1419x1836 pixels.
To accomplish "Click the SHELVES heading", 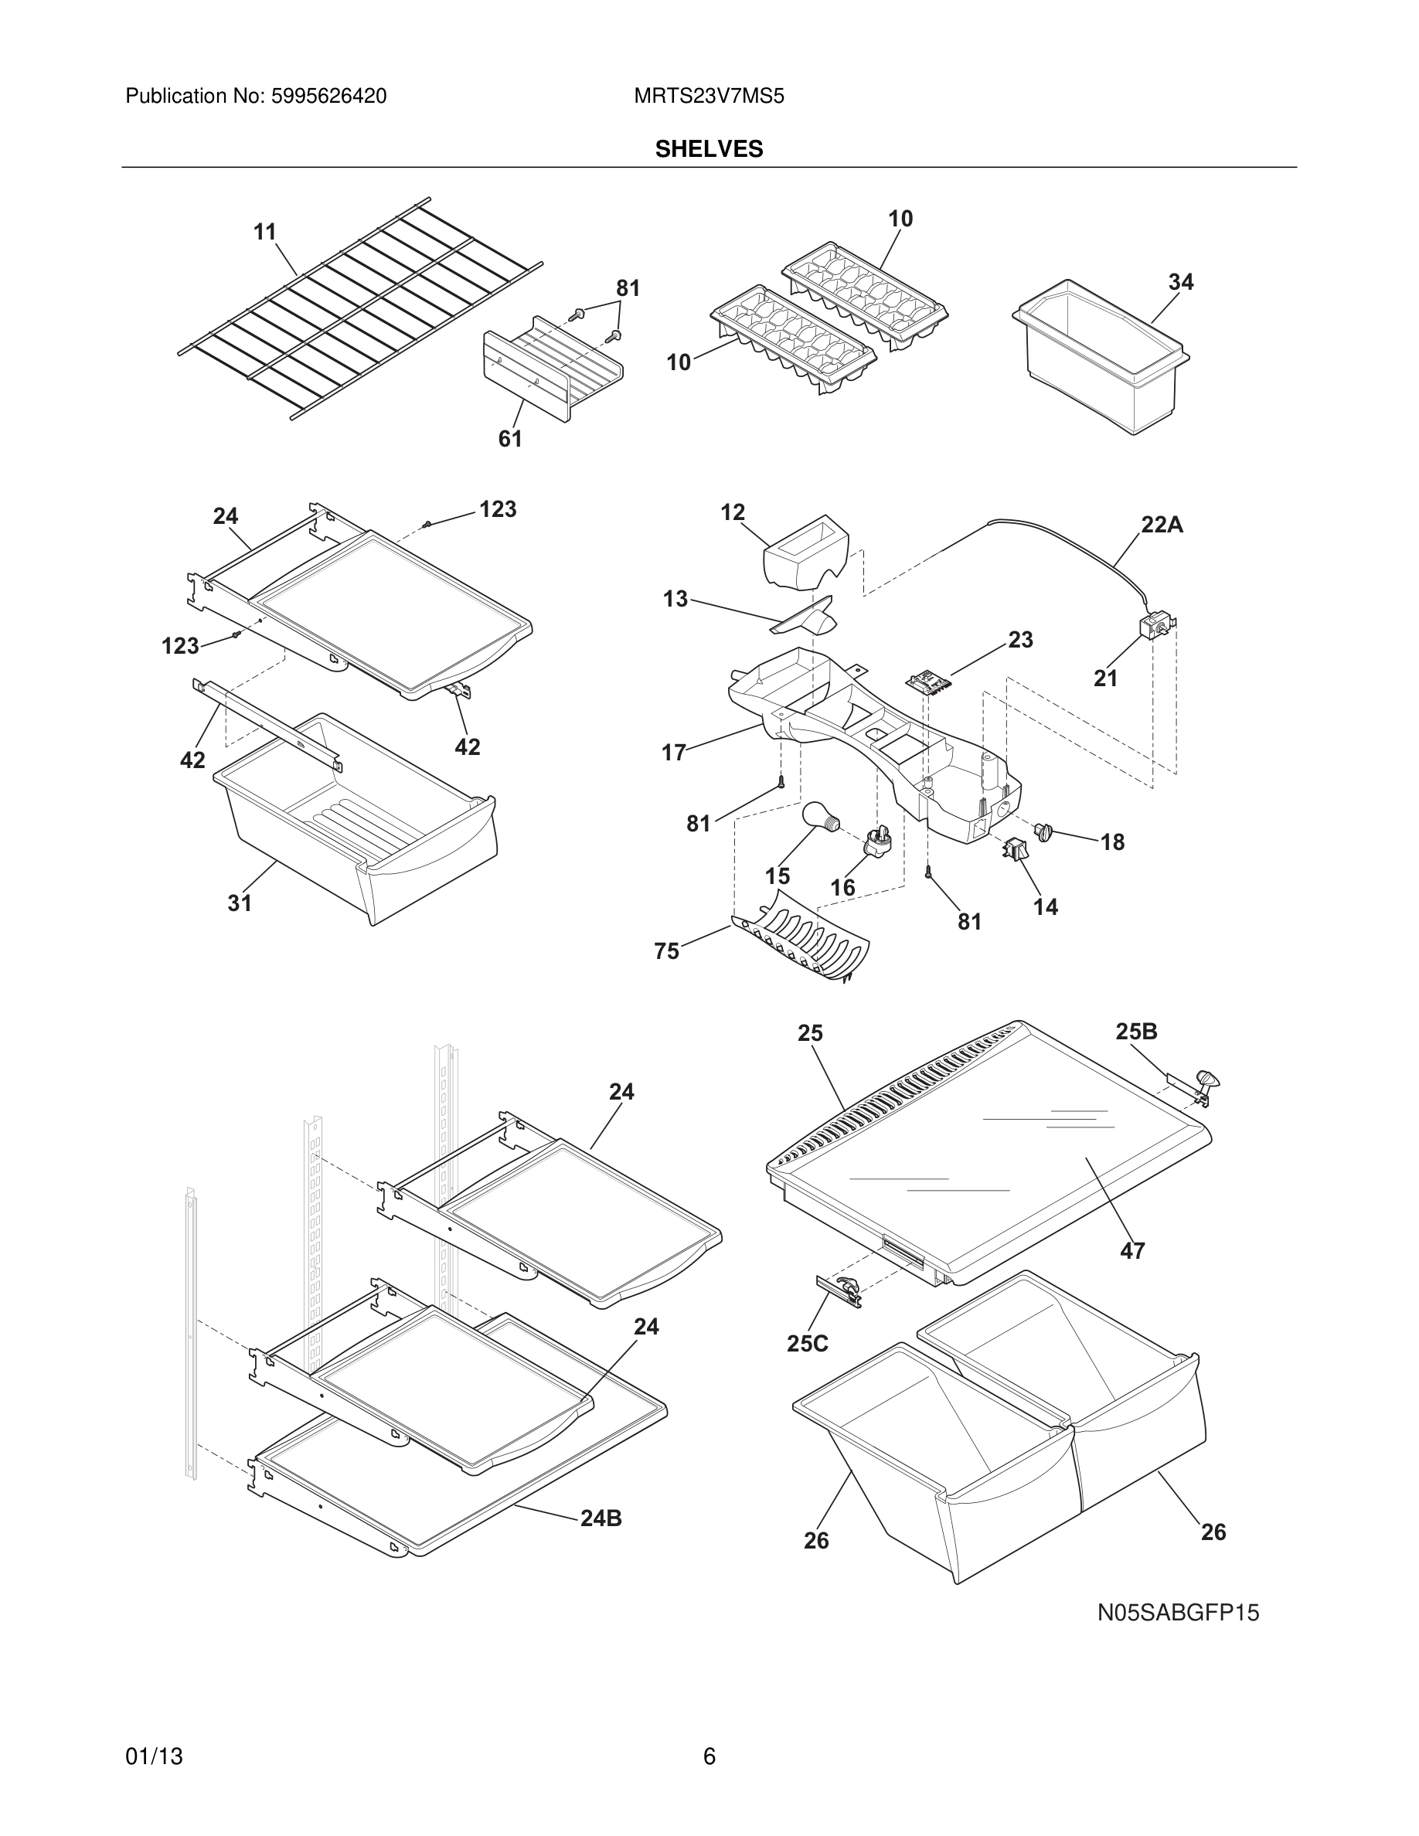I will [709, 149].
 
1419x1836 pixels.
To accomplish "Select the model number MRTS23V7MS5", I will [709, 97].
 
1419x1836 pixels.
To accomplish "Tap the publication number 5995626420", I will [328, 97].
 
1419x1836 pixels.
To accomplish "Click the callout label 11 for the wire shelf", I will [265, 232].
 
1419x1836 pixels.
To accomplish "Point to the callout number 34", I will [1180, 283].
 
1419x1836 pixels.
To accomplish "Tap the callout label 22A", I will [1162, 525].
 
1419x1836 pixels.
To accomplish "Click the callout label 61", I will [510, 439].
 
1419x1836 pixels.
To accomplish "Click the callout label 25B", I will [1137, 1032].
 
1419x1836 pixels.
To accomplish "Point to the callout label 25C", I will [807, 1343].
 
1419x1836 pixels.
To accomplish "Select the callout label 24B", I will [601, 1518].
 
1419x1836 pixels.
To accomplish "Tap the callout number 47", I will [1132, 1251].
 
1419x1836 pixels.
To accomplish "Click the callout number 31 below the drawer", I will [240, 903].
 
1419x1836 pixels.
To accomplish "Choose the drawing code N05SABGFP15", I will [1178, 1613].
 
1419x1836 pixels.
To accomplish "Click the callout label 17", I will [673, 753].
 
